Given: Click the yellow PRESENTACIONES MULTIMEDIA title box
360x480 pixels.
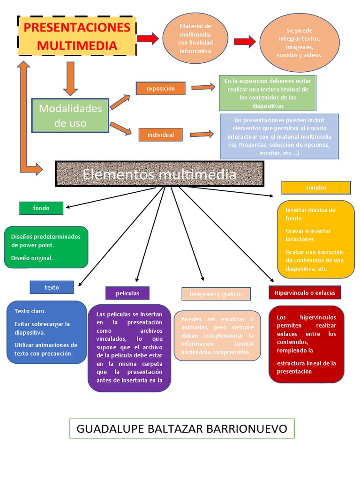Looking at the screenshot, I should click(x=77, y=37).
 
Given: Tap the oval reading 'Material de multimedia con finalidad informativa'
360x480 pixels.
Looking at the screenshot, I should click(x=195, y=38).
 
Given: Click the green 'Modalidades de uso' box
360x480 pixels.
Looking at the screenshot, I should click(x=70, y=115).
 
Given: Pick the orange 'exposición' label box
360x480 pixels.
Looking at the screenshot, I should click(x=160, y=88).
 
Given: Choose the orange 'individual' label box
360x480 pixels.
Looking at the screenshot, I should click(x=160, y=135).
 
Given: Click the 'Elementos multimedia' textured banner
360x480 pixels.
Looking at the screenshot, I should click(x=159, y=174).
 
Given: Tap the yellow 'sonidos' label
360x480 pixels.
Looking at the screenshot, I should click(x=316, y=187).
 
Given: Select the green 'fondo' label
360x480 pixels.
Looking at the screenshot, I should click(x=41, y=208).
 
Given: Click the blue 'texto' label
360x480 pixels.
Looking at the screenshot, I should click(x=52, y=287).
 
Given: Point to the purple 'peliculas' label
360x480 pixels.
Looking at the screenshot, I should click(x=127, y=293).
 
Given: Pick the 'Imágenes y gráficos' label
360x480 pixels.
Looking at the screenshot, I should click(x=216, y=294).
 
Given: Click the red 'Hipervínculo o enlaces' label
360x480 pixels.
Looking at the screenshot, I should click(x=305, y=292).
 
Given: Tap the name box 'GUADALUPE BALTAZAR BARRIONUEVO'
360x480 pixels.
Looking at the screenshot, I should click(x=182, y=428).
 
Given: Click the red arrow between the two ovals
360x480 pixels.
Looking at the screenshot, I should click(x=245, y=42).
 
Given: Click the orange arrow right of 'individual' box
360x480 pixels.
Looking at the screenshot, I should click(x=202, y=135).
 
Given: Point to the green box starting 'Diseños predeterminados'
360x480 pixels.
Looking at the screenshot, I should click(x=46, y=247).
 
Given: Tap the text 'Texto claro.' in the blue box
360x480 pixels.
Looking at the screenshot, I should click(x=30, y=311).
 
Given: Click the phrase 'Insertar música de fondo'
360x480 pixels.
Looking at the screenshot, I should click(x=310, y=214).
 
